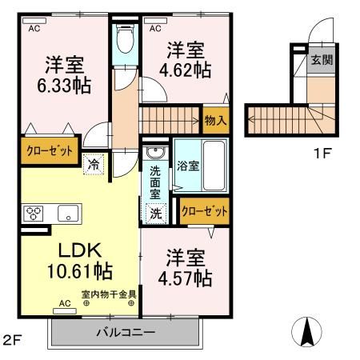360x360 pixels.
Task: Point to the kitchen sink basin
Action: (67, 214)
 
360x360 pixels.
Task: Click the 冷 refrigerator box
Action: (93, 163)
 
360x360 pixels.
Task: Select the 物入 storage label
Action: (216, 121)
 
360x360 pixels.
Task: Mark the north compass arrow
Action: (307, 330)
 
